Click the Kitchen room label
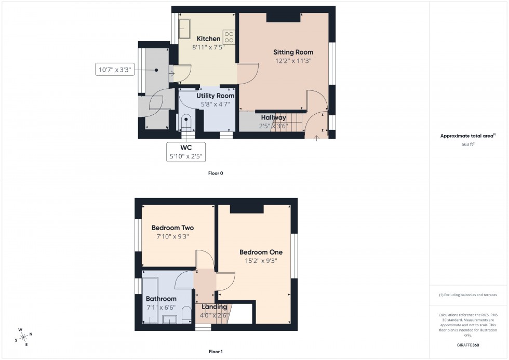[208, 38]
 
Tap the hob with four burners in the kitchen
[229, 36]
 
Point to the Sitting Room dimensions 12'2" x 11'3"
[293, 61]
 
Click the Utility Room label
[215, 96]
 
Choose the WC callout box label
[186, 148]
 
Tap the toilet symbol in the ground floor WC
[185, 123]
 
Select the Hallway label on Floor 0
[273, 117]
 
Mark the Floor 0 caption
[216, 173]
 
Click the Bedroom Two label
[172, 228]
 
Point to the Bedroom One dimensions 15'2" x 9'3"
[261, 261]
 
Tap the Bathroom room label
[161, 299]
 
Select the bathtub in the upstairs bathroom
[150, 300]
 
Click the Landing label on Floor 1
[215, 307]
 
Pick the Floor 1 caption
[216, 352]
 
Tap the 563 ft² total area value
[468, 144]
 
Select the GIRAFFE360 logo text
[468, 344]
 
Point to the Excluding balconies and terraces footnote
[468, 295]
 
